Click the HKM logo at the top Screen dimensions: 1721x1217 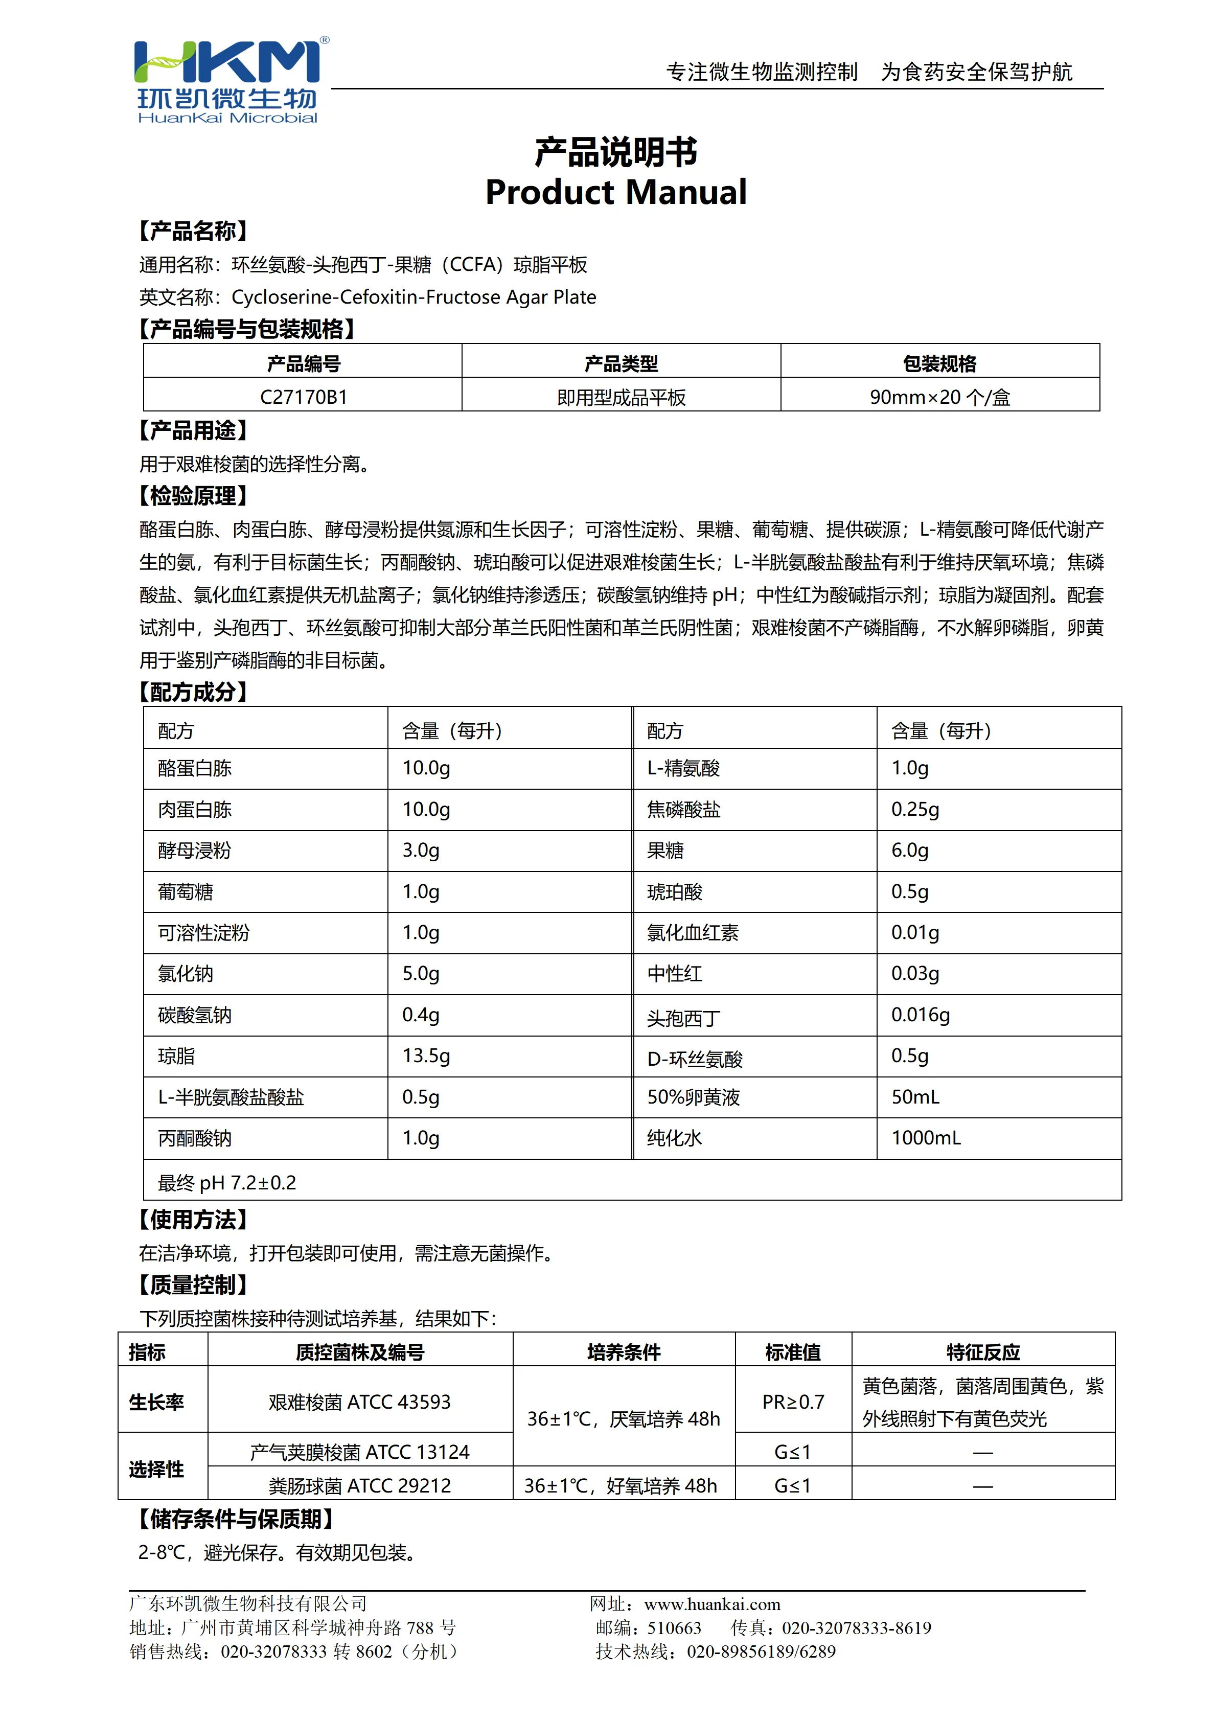(228, 79)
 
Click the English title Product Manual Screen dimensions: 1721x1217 (615, 193)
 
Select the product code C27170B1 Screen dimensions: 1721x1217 (304, 397)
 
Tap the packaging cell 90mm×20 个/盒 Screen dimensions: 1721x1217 (940, 397)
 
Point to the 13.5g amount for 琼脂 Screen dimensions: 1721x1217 (426, 1055)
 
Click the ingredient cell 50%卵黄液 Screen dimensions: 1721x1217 (693, 1097)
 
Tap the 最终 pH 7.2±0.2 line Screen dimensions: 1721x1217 (226, 1183)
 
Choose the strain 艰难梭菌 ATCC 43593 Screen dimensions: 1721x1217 (360, 1402)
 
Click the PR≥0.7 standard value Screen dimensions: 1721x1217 (793, 1402)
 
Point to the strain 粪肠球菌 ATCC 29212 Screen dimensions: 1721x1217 (360, 1486)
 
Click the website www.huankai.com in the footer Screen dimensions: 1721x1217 (712, 1604)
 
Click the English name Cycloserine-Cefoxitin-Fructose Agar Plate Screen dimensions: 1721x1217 (414, 297)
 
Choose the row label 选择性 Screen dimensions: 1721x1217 (156, 1469)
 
